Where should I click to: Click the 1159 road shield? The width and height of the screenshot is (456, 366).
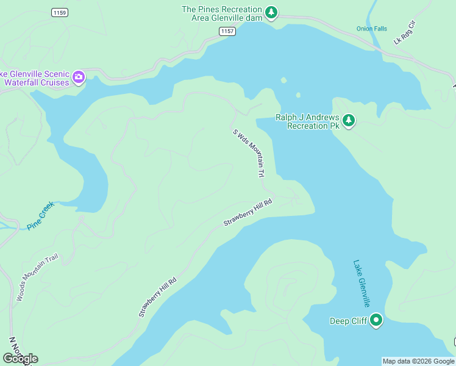tap(60, 12)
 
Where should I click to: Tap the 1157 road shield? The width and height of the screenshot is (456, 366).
tap(227, 31)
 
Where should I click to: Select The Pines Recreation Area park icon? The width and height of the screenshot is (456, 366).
tap(272, 12)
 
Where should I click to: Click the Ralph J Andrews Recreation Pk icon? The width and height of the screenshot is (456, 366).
tap(349, 120)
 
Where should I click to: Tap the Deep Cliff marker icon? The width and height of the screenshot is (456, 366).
tap(377, 320)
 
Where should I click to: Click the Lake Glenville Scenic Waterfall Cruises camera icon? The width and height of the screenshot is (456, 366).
tap(79, 77)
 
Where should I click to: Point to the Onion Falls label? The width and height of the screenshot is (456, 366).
tap(371, 29)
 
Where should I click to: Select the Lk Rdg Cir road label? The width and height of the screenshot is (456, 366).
tap(404, 32)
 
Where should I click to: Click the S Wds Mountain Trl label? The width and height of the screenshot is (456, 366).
tap(249, 152)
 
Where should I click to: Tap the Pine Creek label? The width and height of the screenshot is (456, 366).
tap(41, 216)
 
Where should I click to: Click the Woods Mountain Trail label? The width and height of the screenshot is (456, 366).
tap(37, 278)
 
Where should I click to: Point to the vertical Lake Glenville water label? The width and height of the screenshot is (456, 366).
tap(362, 284)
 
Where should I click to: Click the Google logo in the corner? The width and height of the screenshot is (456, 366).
tap(20, 359)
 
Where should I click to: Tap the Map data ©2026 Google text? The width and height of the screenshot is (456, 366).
tap(418, 361)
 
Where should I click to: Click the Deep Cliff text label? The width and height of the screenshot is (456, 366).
tap(348, 321)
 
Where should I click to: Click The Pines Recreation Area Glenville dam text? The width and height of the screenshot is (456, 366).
tap(223, 13)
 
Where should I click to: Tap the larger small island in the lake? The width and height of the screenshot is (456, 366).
tap(283, 80)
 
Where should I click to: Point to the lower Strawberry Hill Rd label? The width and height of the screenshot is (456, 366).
tap(157, 297)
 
